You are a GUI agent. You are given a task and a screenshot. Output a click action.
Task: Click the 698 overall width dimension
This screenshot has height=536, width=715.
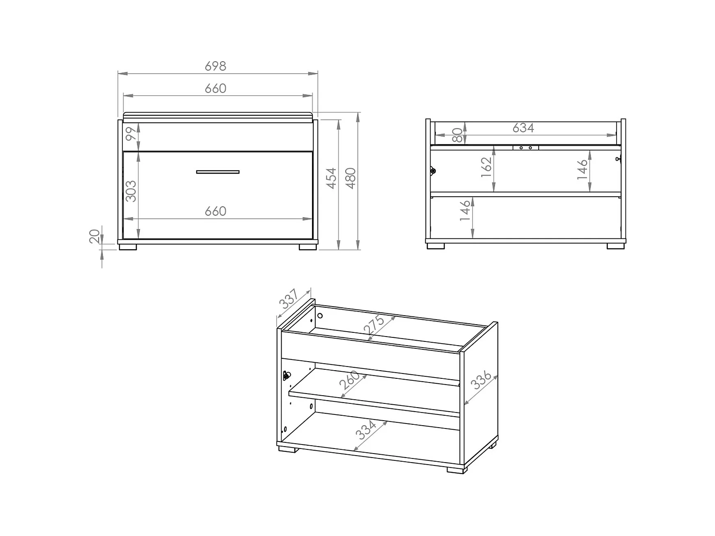215,66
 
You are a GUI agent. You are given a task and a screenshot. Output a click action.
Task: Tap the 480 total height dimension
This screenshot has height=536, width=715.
351,178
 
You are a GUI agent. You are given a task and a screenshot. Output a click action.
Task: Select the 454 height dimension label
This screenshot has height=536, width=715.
331,178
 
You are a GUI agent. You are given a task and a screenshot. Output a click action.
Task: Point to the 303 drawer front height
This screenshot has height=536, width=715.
131,191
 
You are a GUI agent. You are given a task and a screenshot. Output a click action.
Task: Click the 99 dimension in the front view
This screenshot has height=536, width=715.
131,134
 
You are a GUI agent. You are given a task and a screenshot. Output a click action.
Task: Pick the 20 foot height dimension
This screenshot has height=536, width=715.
95,236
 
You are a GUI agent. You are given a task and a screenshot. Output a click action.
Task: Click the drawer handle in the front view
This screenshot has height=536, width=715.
218,172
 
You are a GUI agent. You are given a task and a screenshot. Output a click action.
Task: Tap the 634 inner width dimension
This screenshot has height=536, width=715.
523,128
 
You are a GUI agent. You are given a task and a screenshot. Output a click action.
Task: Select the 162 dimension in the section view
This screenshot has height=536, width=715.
486,167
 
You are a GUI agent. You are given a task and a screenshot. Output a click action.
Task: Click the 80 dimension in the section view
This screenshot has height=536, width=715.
457,135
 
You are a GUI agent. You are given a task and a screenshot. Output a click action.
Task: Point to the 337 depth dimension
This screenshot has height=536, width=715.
289,299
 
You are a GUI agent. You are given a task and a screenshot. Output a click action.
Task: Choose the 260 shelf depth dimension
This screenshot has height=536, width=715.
350,380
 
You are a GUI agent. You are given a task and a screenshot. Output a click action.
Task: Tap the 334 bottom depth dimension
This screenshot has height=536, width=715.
366,430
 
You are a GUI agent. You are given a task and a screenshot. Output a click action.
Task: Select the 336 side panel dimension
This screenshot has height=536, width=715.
481,380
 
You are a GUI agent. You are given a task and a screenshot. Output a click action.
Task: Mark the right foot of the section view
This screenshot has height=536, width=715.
616,246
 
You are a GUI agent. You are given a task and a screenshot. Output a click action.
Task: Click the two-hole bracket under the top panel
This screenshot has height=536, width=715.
526,147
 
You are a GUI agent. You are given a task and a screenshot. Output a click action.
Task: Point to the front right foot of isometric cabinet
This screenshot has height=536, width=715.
455,470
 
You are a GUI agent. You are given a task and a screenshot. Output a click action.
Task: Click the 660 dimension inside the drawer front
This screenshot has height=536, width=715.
215,211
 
